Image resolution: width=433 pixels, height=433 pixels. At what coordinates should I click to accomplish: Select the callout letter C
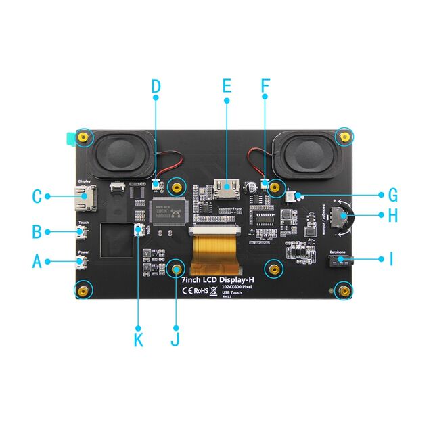tap(38, 197)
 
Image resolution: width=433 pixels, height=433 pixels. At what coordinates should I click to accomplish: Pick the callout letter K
tap(139, 340)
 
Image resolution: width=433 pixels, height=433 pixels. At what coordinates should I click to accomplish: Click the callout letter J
tap(176, 340)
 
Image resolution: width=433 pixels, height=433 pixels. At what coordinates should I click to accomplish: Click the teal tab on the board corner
tap(69, 139)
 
